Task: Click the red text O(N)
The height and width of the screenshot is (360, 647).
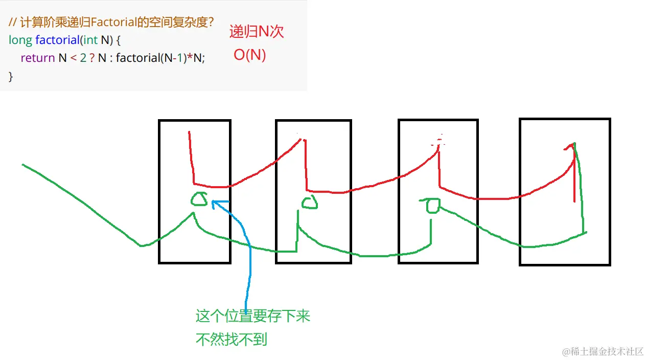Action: [250, 55]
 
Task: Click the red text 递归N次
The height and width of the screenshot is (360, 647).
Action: [256, 32]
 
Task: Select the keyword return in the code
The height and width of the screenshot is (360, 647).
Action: [37, 58]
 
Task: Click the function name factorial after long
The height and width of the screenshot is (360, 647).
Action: [57, 40]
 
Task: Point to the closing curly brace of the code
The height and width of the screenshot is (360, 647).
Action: [11, 76]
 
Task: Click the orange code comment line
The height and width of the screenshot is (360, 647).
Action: [111, 22]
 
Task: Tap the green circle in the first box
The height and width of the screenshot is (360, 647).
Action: [199, 198]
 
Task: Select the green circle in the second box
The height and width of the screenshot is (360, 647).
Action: [309, 203]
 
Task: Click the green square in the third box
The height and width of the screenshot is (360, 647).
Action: [432, 206]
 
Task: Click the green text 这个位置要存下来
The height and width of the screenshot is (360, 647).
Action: [253, 316]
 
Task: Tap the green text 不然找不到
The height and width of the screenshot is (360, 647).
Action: [232, 339]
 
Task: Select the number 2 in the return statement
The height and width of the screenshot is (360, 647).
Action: [83, 58]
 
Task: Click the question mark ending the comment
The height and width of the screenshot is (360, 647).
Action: [210, 22]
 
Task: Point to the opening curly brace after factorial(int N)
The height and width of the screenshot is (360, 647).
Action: [118, 40]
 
